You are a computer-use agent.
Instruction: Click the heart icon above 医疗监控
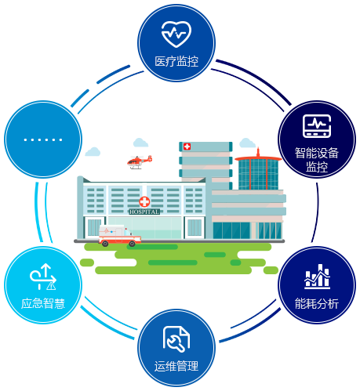point(176,34)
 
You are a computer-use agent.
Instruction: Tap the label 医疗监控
point(176,62)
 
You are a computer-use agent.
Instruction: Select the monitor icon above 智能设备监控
point(317,126)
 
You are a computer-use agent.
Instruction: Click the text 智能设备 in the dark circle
point(317,153)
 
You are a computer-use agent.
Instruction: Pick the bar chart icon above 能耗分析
point(317,277)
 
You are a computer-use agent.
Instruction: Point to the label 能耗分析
point(317,303)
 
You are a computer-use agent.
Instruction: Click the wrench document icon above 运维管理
point(176,339)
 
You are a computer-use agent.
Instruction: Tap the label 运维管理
point(176,366)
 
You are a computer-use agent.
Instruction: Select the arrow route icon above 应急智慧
point(43,277)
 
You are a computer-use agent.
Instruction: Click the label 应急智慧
point(43,303)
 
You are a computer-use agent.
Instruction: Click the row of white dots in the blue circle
point(43,139)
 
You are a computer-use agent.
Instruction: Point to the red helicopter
point(140,162)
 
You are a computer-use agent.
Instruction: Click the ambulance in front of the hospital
point(120,236)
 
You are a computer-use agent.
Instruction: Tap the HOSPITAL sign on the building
point(144,212)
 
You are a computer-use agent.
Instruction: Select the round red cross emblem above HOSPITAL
point(144,202)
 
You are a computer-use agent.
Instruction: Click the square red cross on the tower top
point(187,147)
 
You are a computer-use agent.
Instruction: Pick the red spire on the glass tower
point(258,153)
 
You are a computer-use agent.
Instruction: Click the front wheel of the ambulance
point(132,244)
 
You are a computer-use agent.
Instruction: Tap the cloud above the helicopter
point(140,143)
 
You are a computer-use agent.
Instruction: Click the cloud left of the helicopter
point(93,152)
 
